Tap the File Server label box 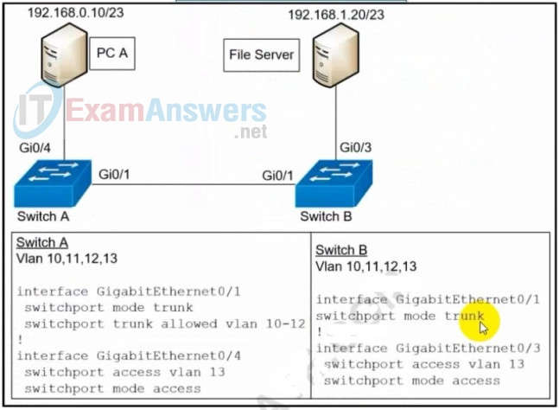261,55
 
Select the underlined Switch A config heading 42,243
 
